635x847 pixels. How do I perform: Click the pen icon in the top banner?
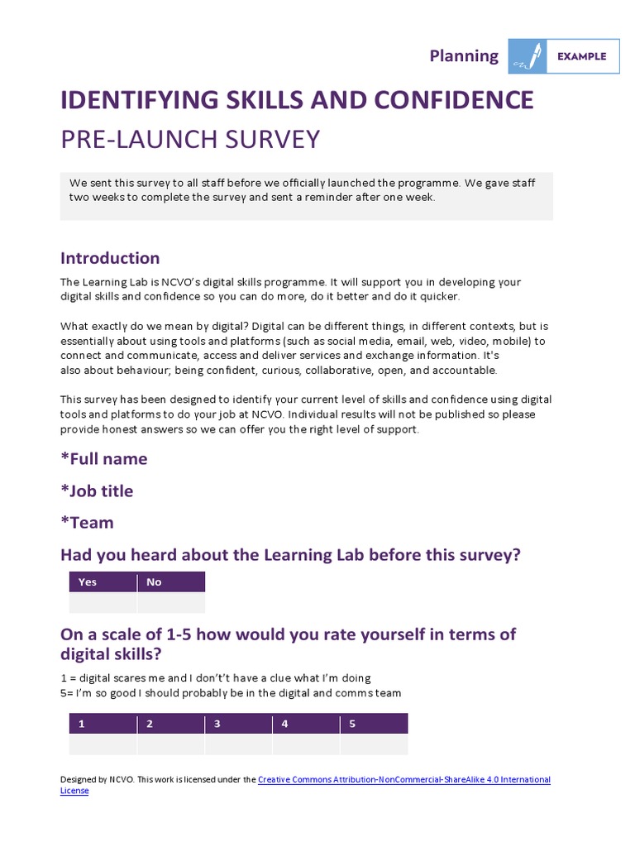tap(527, 56)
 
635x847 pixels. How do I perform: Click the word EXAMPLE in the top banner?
tap(582, 56)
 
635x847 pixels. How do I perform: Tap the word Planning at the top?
tap(464, 55)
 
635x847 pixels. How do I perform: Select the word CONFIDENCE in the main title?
tap(454, 100)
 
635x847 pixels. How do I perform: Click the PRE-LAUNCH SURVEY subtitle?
tap(190, 139)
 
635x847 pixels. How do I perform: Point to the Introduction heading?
tap(110, 257)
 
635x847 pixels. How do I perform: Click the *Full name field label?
tap(104, 458)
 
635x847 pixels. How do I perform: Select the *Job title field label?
tap(97, 490)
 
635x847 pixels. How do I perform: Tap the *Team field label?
tap(87, 523)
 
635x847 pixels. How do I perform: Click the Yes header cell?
tap(103, 581)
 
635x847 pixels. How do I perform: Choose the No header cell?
tap(170, 581)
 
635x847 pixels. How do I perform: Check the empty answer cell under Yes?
tap(103, 602)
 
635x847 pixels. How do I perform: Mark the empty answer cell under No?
tap(170, 602)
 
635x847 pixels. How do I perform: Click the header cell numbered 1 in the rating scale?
tap(103, 724)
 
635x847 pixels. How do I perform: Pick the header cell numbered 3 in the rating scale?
tap(238, 724)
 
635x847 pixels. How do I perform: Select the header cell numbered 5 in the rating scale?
tap(374, 724)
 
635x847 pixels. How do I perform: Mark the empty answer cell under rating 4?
tap(306, 744)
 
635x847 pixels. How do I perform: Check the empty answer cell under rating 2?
tap(170, 744)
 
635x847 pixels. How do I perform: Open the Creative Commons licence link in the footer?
tap(403, 779)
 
